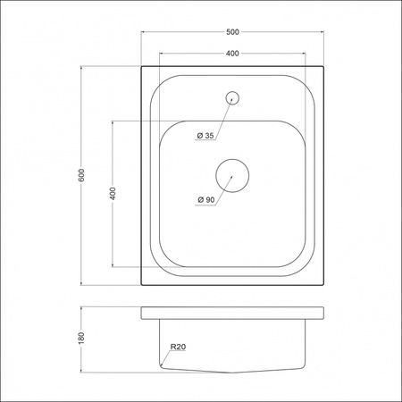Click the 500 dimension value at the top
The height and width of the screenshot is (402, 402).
click(x=231, y=32)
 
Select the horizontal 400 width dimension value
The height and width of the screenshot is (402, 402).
click(x=231, y=54)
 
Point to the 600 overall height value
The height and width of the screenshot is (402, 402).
click(x=81, y=175)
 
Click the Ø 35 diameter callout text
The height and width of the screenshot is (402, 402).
click(x=205, y=136)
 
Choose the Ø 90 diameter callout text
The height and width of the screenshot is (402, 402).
click(x=205, y=199)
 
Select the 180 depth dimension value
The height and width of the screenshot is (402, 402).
click(x=81, y=339)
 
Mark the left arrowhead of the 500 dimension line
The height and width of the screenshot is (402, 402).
click(x=144, y=38)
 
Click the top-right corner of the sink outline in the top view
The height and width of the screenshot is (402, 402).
click(x=321, y=65)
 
